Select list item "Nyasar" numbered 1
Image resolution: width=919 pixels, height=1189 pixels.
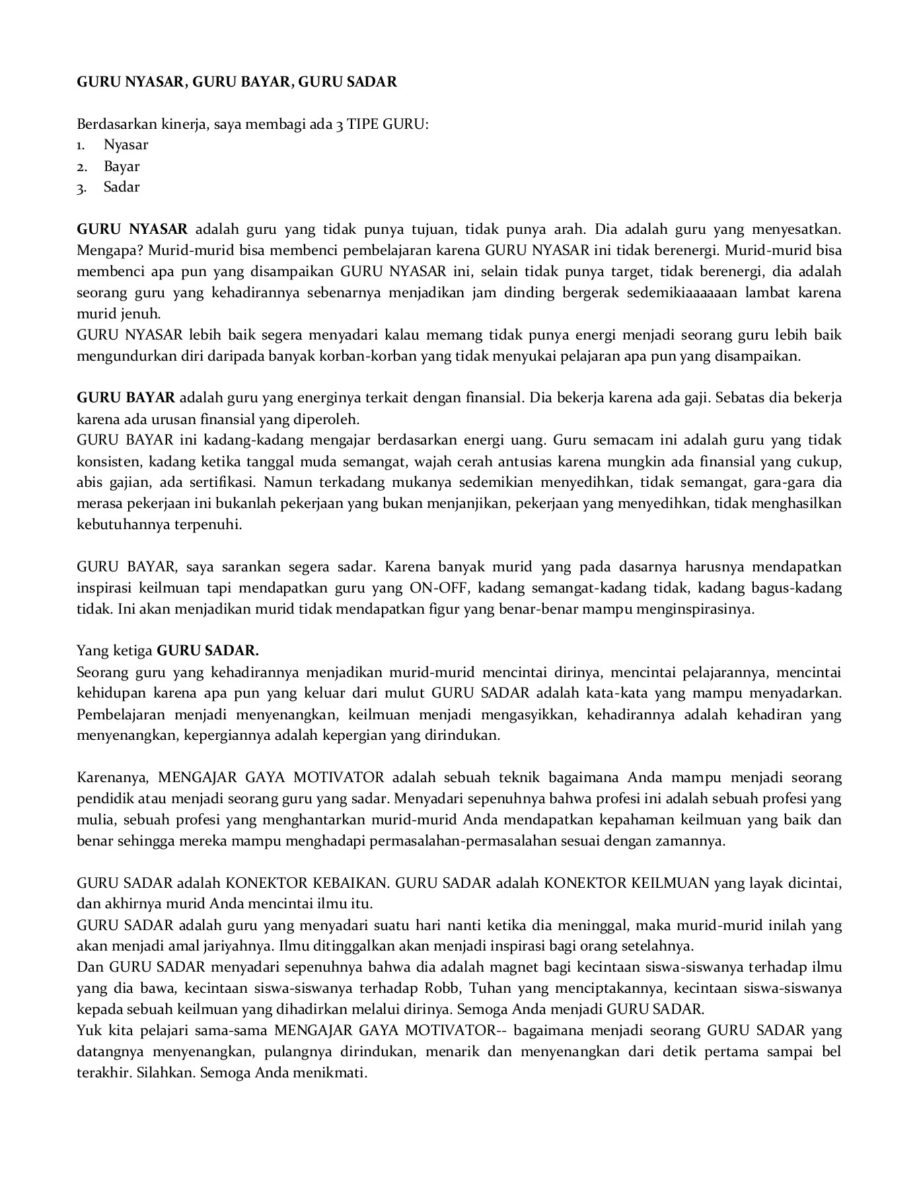(126, 145)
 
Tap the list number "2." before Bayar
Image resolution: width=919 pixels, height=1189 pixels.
(82, 166)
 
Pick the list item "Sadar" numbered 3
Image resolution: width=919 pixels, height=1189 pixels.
(122, 187)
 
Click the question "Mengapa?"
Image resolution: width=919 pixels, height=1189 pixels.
(110, 250)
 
